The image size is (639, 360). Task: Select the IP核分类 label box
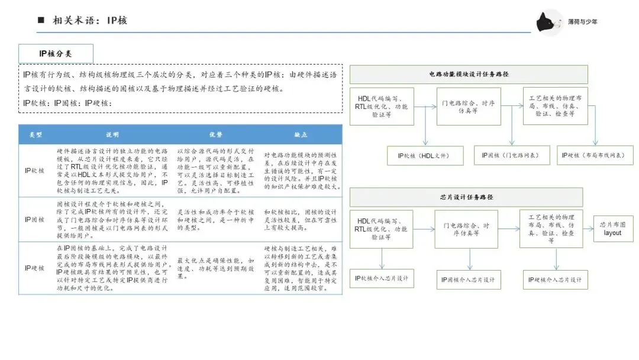pos(56,53)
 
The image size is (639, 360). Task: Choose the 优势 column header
pos(215,134)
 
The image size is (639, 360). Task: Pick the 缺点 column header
pos(301,134)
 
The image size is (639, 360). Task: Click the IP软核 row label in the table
pos(35,170)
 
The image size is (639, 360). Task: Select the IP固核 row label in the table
pos(35,219)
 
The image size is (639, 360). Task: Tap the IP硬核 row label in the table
pos(35,268)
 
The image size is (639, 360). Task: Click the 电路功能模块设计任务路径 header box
pos(469,75)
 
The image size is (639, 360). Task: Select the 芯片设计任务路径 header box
pos(466,197)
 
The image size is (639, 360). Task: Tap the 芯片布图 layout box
pos(612,229)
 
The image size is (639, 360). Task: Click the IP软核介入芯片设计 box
pos(383,278)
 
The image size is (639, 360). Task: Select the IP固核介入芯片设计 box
pos(469,279)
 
